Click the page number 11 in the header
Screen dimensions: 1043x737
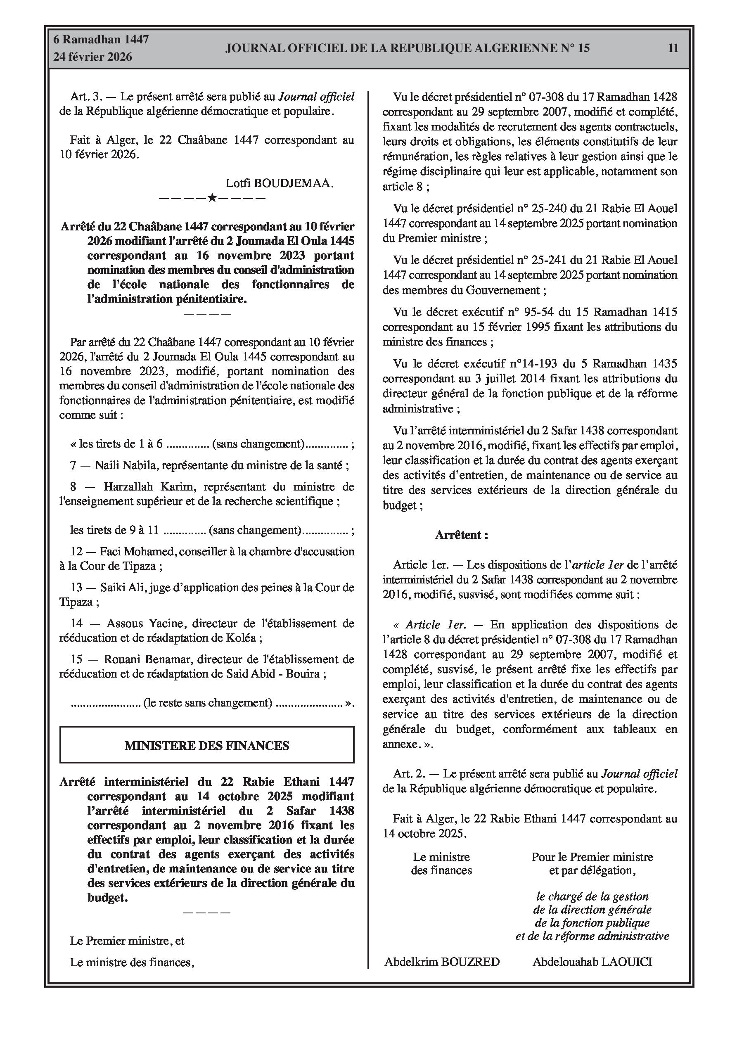pyautogui.click(x=673, y=48)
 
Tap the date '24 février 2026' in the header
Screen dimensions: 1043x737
pyautogui.click(x=93, y=57)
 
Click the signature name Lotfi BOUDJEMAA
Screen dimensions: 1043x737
pyautogui.click(x=280, y=183)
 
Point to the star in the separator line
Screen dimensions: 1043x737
pyautogui.click(x=212, y=198)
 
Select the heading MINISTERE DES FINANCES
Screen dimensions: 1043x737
pyautogui.click(x=207, y=745)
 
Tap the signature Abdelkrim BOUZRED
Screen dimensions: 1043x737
pyautogui.click(x=442, y=962)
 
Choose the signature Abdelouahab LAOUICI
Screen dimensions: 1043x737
pyautogui.click(x=592, y=962)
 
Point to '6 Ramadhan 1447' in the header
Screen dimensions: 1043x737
pyautogui.click(x=101, y=40)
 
